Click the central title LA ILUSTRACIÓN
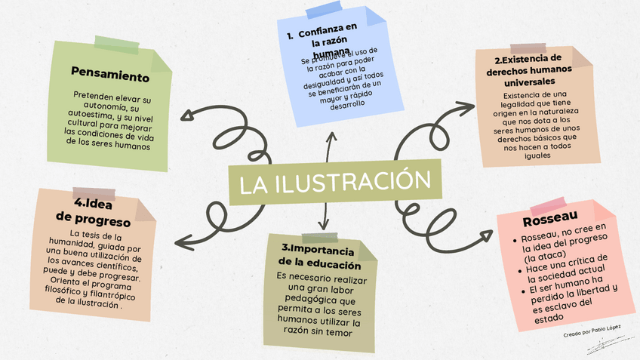(x=335, y=183)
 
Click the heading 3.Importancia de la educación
(x=319, y=256)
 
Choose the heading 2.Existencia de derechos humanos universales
(x=528, y=69)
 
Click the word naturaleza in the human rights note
(x=546, y=110)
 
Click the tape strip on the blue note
(x=322, y=11)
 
